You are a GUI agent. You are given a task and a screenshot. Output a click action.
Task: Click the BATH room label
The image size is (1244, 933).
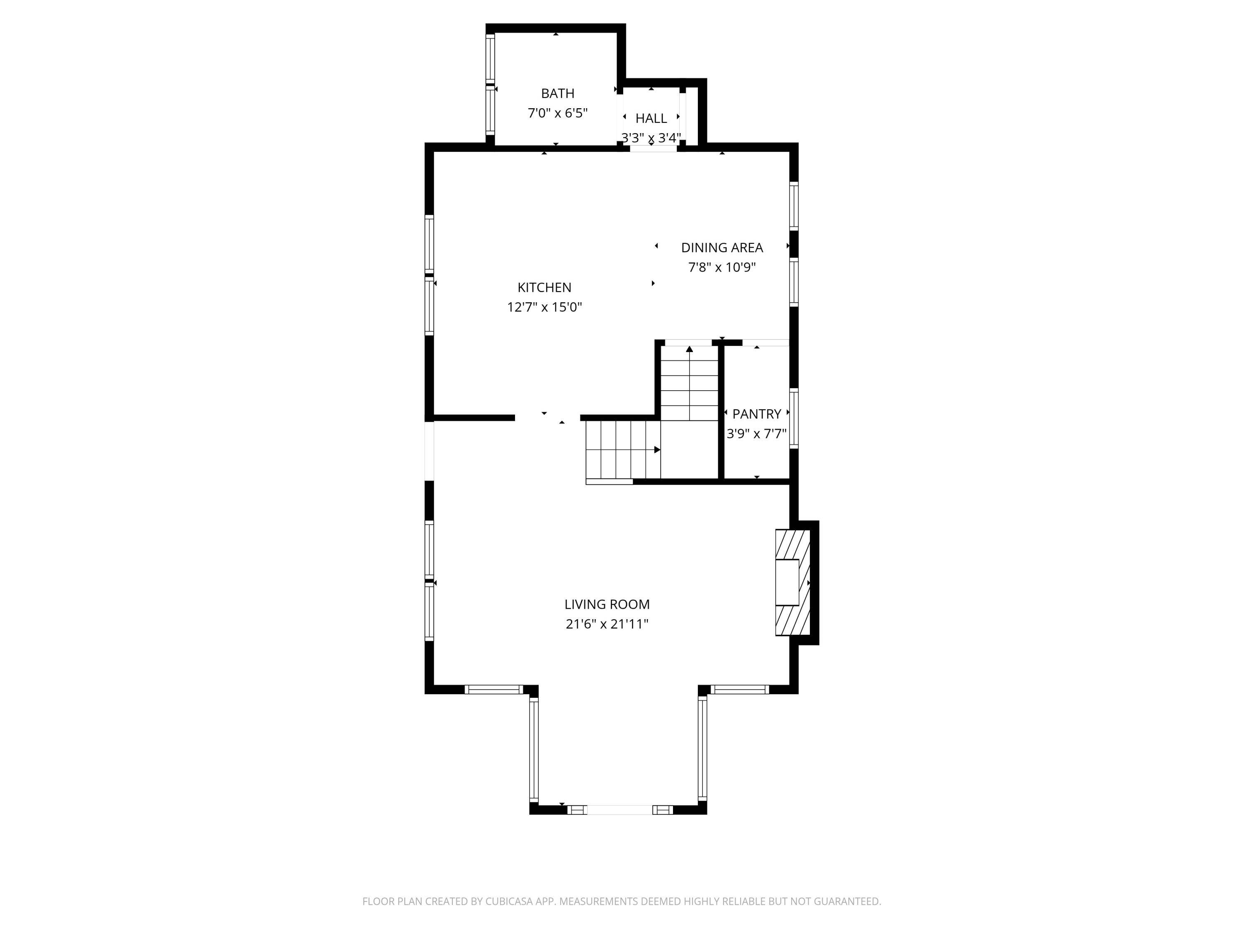point(557,93)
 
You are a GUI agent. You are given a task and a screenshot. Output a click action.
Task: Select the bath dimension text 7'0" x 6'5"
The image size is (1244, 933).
point(557,113)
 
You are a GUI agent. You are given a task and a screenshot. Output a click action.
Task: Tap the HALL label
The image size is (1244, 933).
point(651,118)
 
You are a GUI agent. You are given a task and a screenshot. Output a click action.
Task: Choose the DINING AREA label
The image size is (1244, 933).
point(722,248)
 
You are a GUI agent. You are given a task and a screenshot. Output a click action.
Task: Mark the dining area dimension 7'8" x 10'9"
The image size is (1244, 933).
point(722,267)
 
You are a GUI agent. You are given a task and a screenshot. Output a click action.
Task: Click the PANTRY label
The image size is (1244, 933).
point(756,414)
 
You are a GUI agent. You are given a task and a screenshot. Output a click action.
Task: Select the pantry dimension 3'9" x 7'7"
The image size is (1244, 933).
point(756,434)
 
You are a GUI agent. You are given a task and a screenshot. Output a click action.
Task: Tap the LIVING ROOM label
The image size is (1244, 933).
point(607,604)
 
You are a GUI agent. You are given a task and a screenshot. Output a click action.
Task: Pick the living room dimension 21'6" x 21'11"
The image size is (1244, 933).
point(607,624)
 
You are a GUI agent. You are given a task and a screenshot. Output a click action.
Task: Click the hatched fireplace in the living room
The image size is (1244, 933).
point(793,583)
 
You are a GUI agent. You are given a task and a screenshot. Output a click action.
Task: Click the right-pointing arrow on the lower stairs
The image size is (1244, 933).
point(657,449)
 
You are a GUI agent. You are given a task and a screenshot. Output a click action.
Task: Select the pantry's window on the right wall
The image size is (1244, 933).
point(794,418)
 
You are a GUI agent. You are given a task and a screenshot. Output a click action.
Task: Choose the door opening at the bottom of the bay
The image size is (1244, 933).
point(620,810)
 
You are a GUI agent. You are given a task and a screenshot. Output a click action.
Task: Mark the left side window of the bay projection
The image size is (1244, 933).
point(534,748)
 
